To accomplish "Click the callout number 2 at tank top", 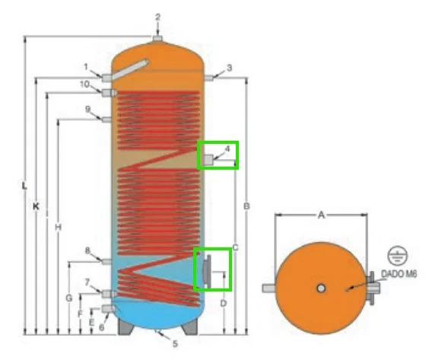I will click(x=158, y=16).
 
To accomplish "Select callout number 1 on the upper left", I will click(x=87, y=66).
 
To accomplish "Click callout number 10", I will click(x=87, y=83).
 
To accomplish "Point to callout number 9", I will click(x=87, y=109).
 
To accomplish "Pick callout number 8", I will click(x=87, y=250).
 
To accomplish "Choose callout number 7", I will click(x=87, y=282).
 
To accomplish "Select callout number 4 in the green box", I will click(x=227, y=149).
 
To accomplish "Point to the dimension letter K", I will click(x=36, y=205).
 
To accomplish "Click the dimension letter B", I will click(x=246, y=206).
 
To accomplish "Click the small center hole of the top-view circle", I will click(x=322, y=288).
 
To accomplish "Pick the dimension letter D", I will click(x=223, y=303).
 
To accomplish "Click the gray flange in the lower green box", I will click(x=206, y=269).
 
